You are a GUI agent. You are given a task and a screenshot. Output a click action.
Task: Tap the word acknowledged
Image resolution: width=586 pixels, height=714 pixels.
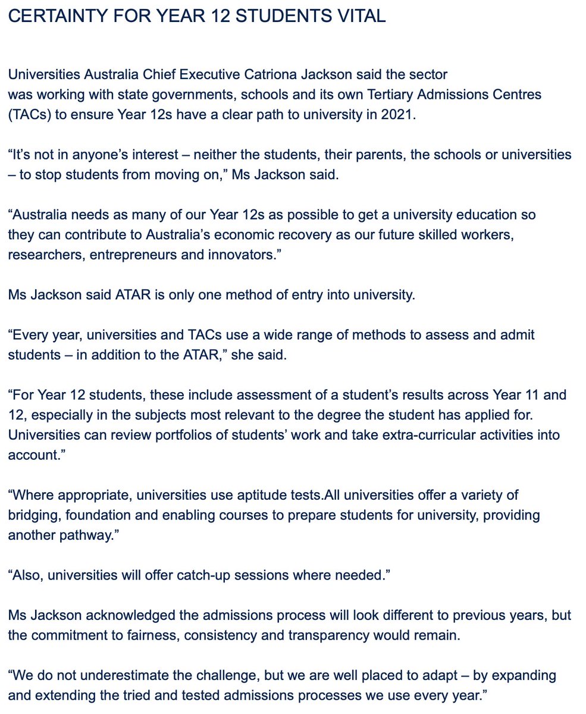click(x=131, y=615)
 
